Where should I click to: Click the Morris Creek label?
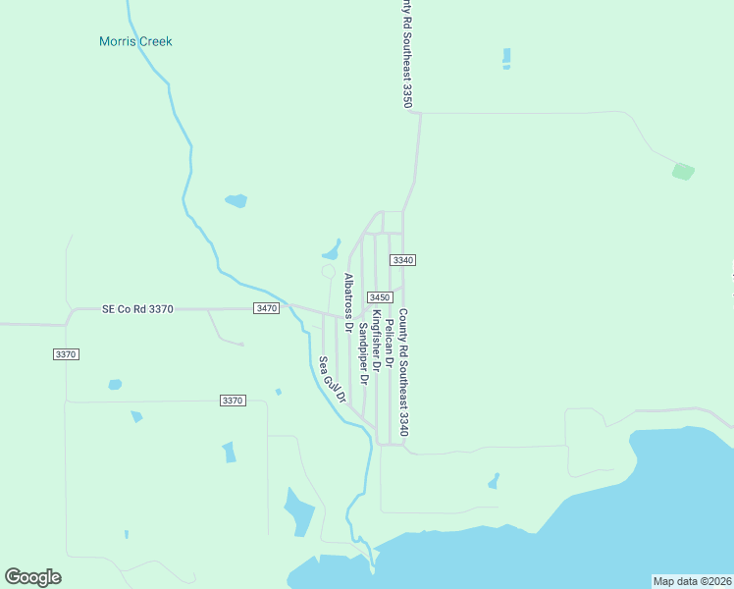(x=135, y=41)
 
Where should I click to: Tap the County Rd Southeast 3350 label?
(x=405, y=54)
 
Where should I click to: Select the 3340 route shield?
(x=402, y=260)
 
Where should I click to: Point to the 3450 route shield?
(x=380, y=297)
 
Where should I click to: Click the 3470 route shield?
(x=266, y=308)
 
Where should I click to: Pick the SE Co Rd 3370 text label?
(x=137, y=308)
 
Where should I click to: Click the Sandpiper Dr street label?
(x=363, y=352)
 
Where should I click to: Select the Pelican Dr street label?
(x=390, y=343)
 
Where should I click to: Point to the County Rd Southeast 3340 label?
(x=403, y=373)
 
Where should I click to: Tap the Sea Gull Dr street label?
(x=333, y=380)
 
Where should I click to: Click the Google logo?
(x=33, y=576)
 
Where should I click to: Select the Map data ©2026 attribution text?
(x=692, y=581)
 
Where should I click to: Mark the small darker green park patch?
(x=683, y=172)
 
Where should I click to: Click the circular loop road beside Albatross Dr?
(x=328, y=271)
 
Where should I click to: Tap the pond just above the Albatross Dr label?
(x=332, y=247)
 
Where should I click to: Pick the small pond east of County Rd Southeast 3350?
(x=506, y=58)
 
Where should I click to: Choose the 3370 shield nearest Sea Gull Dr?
(x=233, y=401)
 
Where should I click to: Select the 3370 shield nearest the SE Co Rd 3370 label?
(x=66, y=353)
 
